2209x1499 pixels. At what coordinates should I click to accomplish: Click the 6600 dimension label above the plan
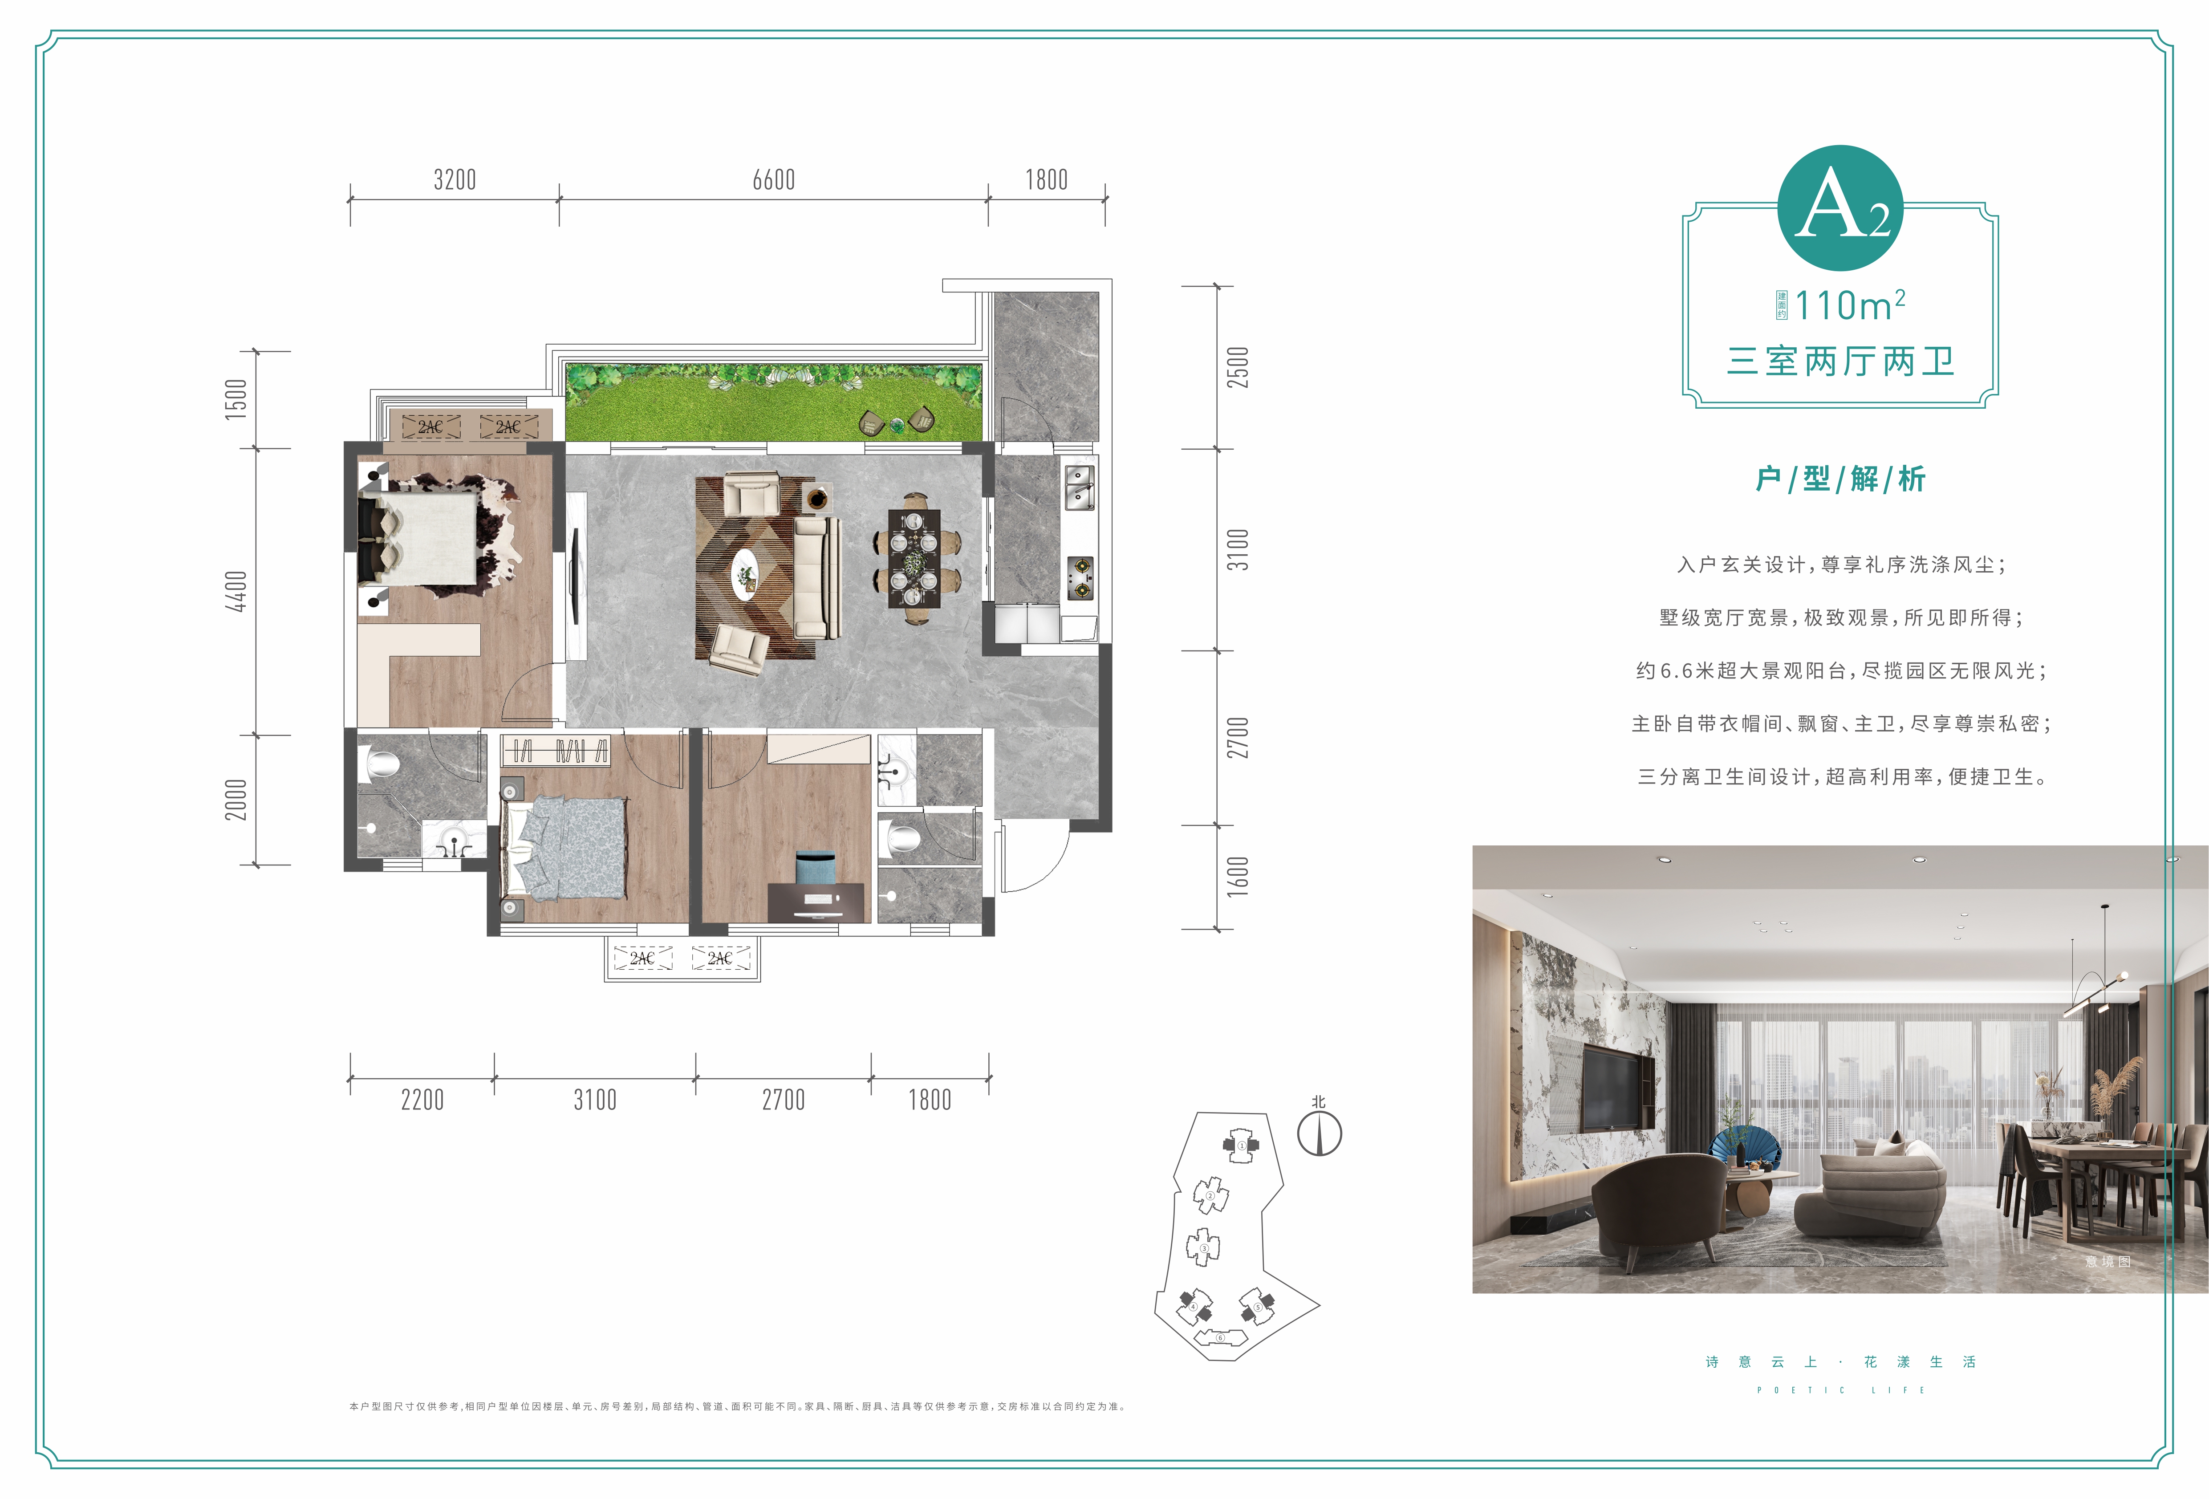pos(774,180)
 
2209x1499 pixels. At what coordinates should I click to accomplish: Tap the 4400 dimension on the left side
pos(236,591)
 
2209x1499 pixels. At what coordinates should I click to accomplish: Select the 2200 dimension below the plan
pos(422,1100)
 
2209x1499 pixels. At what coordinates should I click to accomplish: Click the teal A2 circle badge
pos(1840,208)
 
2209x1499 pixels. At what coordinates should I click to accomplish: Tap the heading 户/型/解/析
pos(1840,478)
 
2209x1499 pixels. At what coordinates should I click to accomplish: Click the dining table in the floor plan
pos(914,558)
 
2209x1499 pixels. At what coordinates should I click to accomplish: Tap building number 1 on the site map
pos(1240,1146)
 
